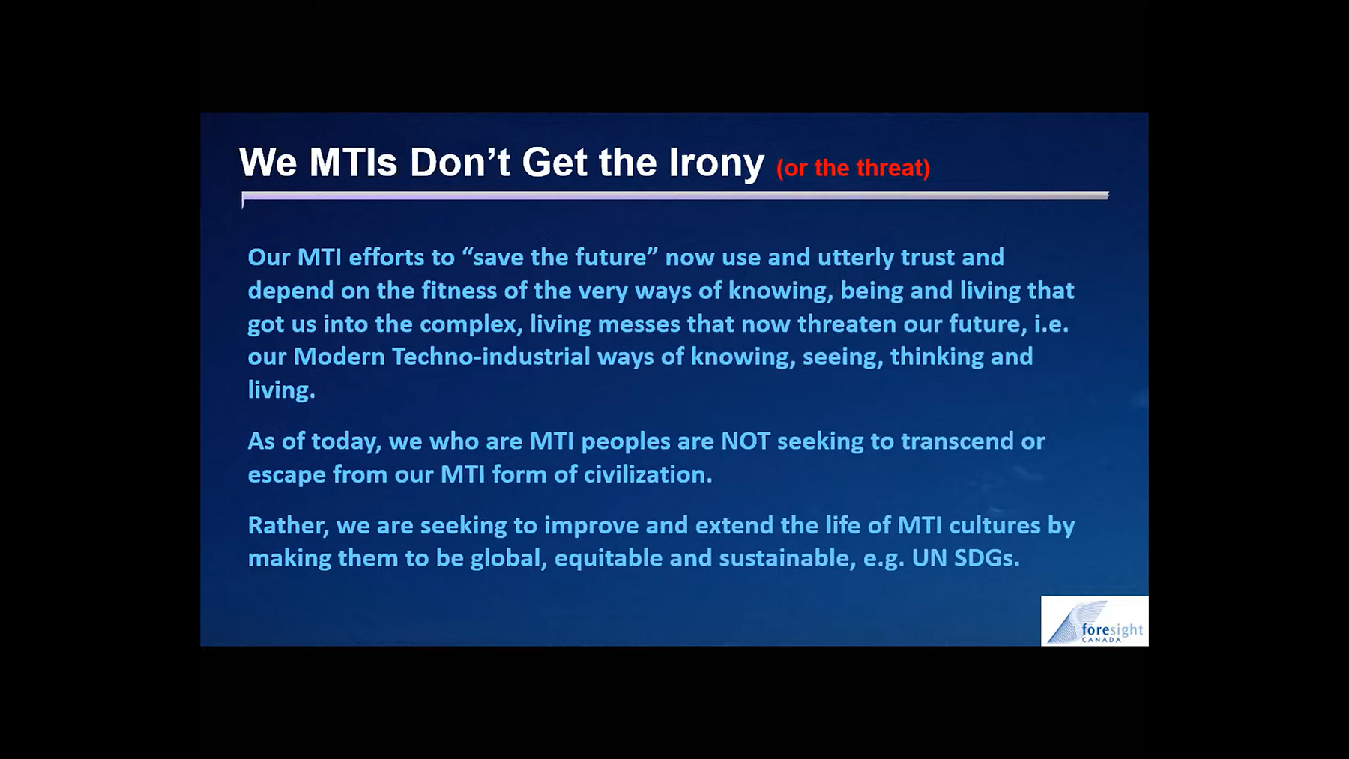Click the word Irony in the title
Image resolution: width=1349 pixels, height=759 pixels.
(716, 163)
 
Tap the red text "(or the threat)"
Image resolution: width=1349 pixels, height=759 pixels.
(853, 168)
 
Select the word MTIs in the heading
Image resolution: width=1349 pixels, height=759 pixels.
(353, 163)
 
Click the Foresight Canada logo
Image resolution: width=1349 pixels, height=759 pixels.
(1094, 621)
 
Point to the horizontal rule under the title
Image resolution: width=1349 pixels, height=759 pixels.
(674, 196)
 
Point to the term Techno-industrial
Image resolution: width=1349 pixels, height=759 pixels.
(491, 357)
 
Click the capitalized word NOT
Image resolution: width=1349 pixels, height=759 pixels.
(746, 441)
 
